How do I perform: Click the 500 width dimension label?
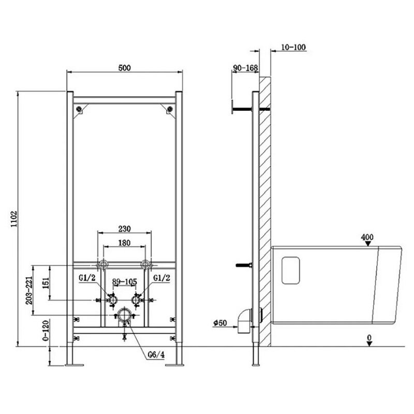pyautogui.click(x=124, y=68)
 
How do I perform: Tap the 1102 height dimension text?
pyautogui.click(x=14, y=219)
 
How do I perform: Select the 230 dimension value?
pyautogui.click(x=124, y=229)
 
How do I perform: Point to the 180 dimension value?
pyautogui.click(x=124, y=243)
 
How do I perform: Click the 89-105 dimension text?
pyautogui.click(x=125, y=282)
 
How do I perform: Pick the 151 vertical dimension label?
pyautogui.click(x=46, y=283)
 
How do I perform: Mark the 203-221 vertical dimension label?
pyautogui.click(x=29, y=290)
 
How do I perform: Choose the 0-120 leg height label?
pyautogui.click(x=46, y=331)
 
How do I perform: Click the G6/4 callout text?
pyautogui.click(x=156, y=354)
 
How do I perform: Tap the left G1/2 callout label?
pyautogui.click(x=87, y=277)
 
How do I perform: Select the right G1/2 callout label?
pyautogui.click(x=162, y=277)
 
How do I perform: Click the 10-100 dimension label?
pyautogui.click(x=293, y=47)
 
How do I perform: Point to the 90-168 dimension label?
pyautogui.click(x=245, y=68)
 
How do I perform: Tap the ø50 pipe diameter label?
pyautogui.click(x=220, y=322)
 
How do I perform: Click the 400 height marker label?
pyautogui.click(x=367, y=237)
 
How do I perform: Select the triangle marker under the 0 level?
pyautogui.click(x=369, y=344)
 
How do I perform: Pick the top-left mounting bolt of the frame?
pyautogui.click(x=79, y=109)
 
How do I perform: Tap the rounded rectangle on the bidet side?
pyautogui.click(x=291, y=270)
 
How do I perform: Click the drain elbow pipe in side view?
pyautogui.click(x=245, y=321)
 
